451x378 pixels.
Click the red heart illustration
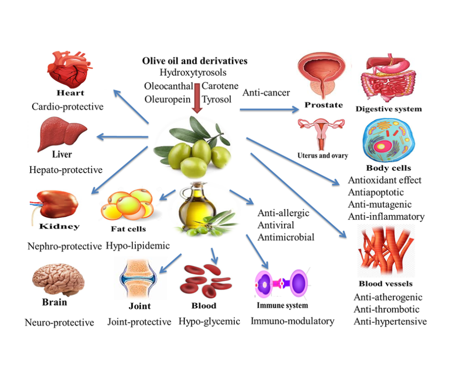pyautogui.click(x=69, y=70)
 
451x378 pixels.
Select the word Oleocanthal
pyautogui.click(x=168, y=86)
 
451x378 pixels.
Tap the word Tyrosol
pyautogui.click(x=216, y=99)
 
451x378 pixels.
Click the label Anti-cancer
pyautogui.click(x=266, y=92)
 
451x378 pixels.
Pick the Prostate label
pyautogui.click(x=324, y=105)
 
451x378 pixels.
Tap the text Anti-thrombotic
pyautogui.click(x=386, y=309)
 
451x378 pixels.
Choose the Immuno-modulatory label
pyautogui.click(x=292, y=321)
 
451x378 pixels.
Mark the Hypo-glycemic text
pyautogui.click(x=209, y=321)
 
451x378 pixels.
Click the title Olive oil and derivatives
pyautogui.click(x=194, y=61)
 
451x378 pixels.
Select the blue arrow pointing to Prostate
pyautogui.click(x=269, y=109)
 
